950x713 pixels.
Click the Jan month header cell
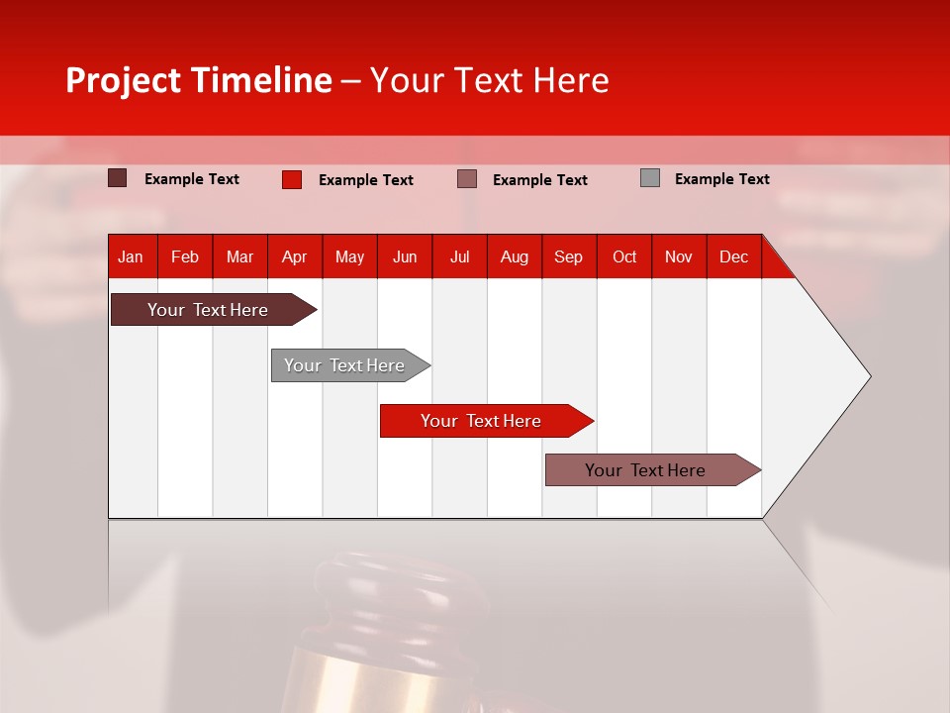(x=131, y=256)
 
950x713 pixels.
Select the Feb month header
(x=185, y=256)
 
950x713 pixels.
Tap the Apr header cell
(x=294, y=256)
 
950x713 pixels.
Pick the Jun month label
(x=405, y=256)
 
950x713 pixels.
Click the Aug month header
(x=514, y=256)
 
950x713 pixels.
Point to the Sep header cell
(x=568, y=256)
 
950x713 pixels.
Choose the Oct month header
(x=624, y=256)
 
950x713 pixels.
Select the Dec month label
(x=733, y=256)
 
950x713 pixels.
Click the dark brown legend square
(x=117, y=178)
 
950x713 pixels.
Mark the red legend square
(x=292, y=179)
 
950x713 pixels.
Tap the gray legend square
(x=650, y=178)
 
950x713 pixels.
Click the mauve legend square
(x=467, y=179)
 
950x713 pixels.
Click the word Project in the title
(x=124, y=80)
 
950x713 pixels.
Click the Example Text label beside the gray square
(x=721, y=179)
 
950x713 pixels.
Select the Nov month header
(x=679, y=256)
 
